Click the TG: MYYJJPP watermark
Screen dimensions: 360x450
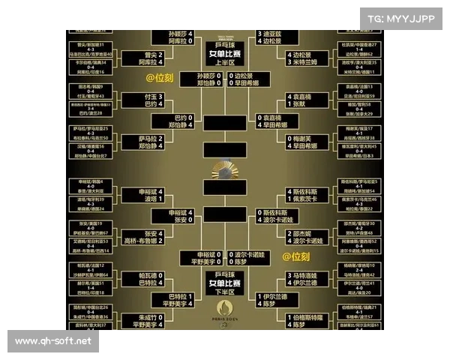coord(402,18)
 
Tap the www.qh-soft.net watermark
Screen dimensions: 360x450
coord(53,342)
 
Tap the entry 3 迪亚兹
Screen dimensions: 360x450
coord(271,34)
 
